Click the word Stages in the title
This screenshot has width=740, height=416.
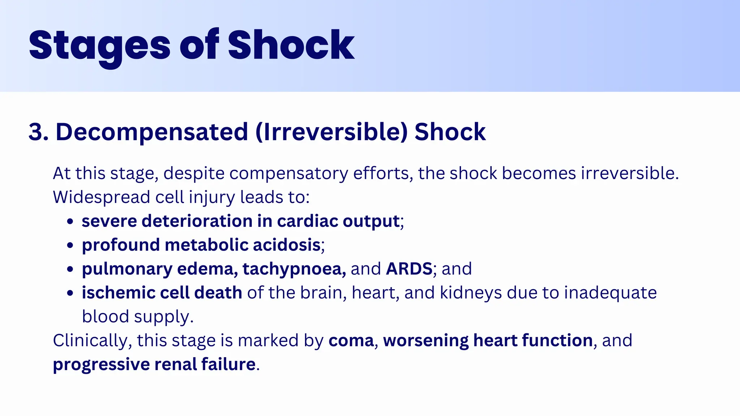(99, 46)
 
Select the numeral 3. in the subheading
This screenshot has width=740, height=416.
(38, 132)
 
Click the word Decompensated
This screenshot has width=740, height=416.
(152, 132)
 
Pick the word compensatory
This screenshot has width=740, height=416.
(289, 173)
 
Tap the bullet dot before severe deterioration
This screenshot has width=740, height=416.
(70, 221)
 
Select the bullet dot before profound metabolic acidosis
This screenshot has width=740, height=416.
(70, 245)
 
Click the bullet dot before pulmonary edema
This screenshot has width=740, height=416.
(70, 269)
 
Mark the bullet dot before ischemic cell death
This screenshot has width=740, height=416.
(70, 293)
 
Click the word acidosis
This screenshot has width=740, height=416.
(286, 245)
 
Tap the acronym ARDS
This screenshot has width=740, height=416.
(409, 269)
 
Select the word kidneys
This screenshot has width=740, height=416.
(471, 293)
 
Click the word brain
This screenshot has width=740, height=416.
(321, 293)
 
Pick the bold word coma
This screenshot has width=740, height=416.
(351, 341)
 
